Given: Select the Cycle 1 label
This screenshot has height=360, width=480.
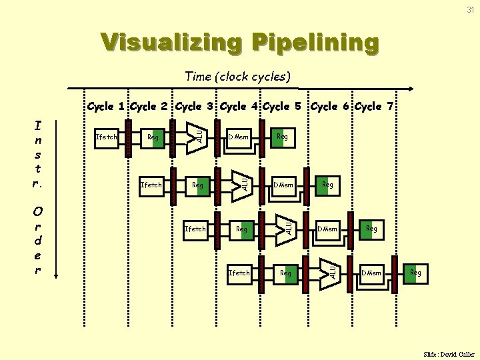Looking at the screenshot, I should click(x=107, y=106).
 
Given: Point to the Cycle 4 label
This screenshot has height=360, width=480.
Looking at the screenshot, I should click(x=239, y=106).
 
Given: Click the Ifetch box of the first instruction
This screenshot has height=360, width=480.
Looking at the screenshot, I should click(x=107, y=137).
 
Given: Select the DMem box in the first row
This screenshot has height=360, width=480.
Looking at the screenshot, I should click(x=238, y=137).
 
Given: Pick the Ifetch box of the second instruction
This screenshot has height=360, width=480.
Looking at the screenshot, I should click(x=151, y=185).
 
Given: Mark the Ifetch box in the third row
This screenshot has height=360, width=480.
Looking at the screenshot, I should click(x=195, y=229).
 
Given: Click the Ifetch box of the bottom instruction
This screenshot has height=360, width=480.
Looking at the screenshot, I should click(x=239, y=273).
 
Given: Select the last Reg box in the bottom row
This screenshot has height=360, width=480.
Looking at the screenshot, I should click(x=415, y=273).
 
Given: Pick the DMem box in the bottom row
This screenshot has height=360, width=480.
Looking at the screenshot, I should click(x=371, y=273).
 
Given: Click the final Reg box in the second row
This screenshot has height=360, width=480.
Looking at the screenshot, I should click(x=327, y=185).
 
